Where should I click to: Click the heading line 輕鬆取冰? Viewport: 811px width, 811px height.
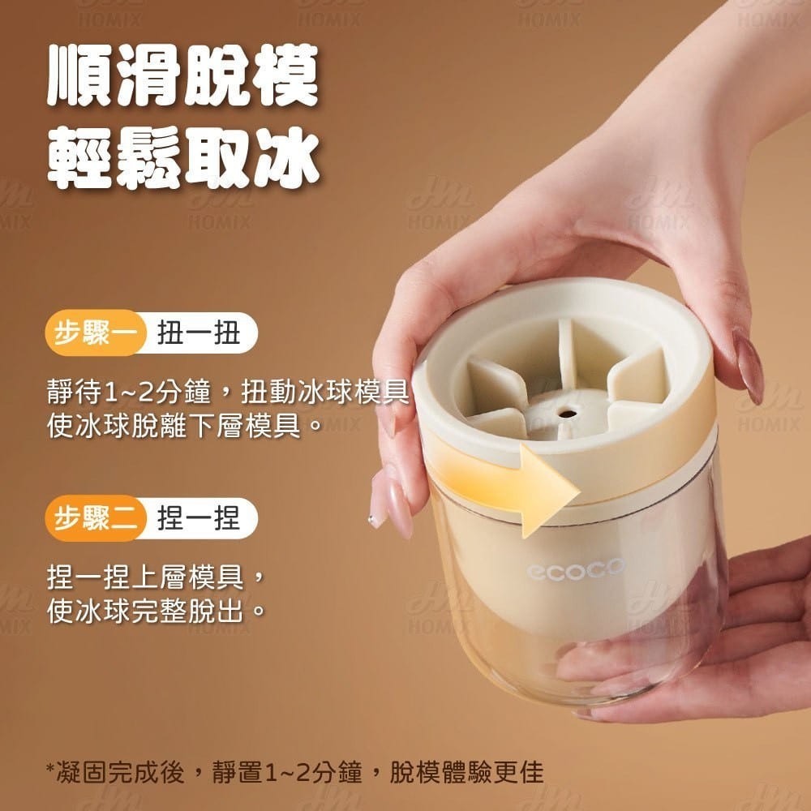(x=182, y=158)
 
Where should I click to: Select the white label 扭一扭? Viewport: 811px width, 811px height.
(x=199, y=333)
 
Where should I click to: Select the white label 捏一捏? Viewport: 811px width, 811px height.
(x=199, y=517)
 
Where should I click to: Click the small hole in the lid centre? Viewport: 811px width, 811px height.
(x=563, y=411)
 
